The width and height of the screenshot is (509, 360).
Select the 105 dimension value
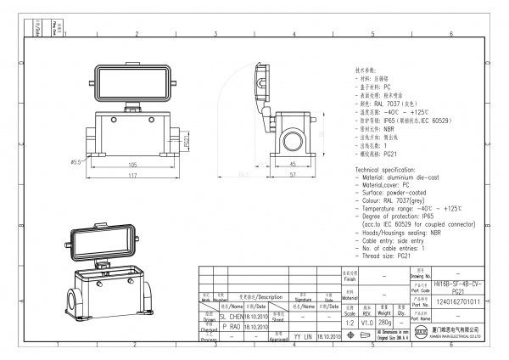[133, 165]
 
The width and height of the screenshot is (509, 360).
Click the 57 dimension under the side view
[293, 176]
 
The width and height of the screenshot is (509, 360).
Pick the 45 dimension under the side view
[293, 165]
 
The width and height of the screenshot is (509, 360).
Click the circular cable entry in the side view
[295, 138]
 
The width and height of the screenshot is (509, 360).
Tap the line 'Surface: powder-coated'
[394, 193]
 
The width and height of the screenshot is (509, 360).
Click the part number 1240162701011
[456, 301]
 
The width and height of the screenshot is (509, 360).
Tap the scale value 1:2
[346, 323]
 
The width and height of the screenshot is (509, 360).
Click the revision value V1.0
[366, 323]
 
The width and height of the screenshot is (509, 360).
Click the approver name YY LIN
[303, 337]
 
